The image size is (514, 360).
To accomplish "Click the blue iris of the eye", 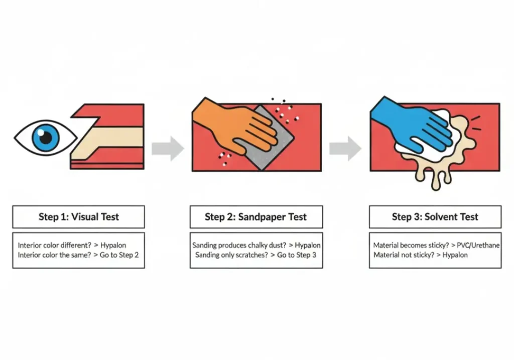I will tap(46, 137).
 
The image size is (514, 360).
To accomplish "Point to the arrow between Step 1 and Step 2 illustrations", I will tap(168, 149).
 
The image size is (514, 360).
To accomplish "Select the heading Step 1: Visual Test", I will tap(79, 217).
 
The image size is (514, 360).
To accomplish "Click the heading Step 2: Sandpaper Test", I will tap(255, 217).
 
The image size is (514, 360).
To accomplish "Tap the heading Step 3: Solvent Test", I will tap(435, 217).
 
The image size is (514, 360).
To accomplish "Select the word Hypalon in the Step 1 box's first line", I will tap(113, 246).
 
